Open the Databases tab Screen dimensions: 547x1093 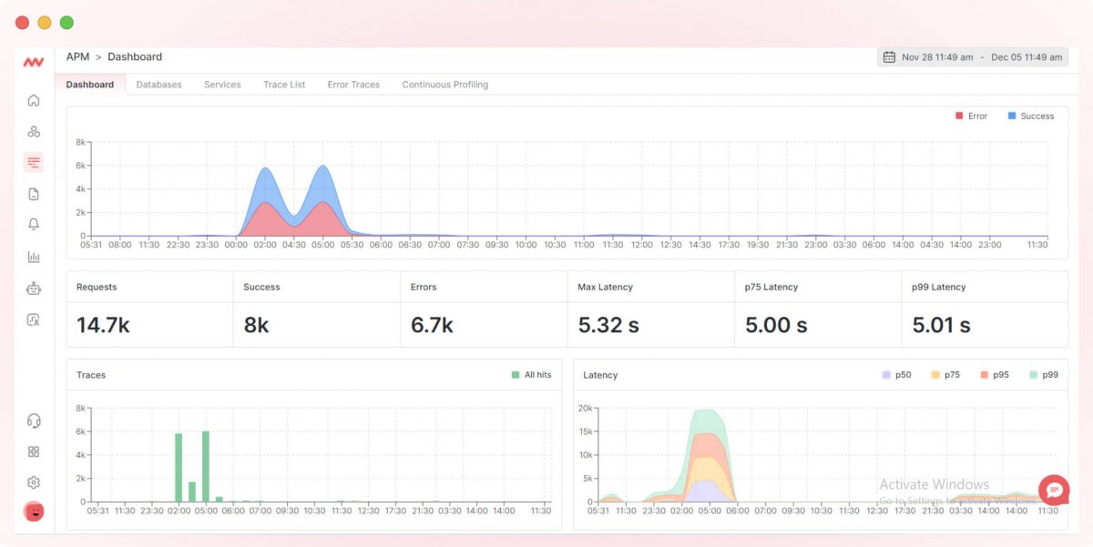(158, 85)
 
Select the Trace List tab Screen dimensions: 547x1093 (284, 85)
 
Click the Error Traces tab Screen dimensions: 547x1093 (353, 85)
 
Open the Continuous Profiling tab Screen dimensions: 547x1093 (444, 85)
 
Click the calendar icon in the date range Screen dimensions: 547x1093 (889, 57)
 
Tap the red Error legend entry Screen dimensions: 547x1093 (971, 116)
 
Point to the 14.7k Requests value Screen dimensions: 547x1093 (103, 325)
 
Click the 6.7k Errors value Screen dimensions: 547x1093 (432, 325)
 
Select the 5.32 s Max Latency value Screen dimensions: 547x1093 (608, 325)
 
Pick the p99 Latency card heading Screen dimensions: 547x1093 (938, 288)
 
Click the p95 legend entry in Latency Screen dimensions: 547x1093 (995, 375)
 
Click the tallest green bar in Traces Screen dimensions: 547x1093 (205, 466)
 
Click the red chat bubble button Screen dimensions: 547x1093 (1054, 490)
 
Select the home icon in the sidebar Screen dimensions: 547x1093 (34, 101)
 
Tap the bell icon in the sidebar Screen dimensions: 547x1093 (34, 225)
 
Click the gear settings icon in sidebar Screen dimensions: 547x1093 (34, 482)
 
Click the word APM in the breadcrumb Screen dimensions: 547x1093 (77, 57)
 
